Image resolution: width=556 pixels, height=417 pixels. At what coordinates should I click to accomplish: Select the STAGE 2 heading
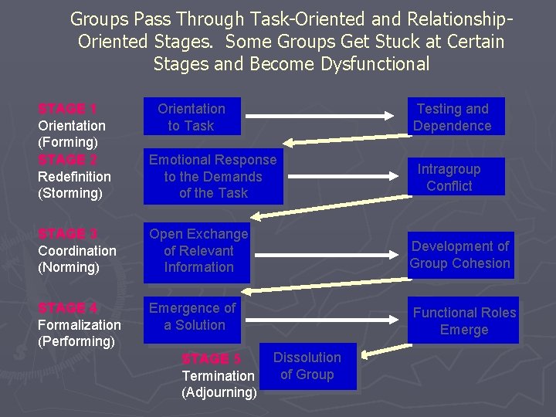point(67,160)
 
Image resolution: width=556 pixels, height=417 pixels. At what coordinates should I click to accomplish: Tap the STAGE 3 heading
point(67,234)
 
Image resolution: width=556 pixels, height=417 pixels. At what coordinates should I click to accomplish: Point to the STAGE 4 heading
point(67,308)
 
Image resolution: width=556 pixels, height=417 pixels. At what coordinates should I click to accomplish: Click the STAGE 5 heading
point(211,359)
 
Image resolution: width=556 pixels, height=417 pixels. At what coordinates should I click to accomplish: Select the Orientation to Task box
point(192,117)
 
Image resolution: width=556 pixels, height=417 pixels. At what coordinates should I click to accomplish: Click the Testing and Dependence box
point(453,117)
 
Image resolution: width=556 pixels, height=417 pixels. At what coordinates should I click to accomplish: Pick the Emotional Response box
point(212,177)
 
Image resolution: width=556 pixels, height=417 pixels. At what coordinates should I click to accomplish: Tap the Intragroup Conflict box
point(449,177)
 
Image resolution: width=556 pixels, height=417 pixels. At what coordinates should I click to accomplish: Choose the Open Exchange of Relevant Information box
point(198,251)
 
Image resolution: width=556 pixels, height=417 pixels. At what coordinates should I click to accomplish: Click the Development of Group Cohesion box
point(460,255)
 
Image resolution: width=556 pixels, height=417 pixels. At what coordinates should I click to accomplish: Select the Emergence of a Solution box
point(192,317)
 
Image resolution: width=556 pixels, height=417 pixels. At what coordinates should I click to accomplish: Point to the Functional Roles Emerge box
point(464,321)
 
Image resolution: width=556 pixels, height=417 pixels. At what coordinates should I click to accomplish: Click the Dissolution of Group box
point(307,366)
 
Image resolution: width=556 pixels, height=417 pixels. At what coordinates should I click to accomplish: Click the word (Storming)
point(70,193)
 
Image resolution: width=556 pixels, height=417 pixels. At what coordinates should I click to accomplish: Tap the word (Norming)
point(69,267)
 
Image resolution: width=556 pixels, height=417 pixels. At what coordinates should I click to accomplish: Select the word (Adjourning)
point(219,392)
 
